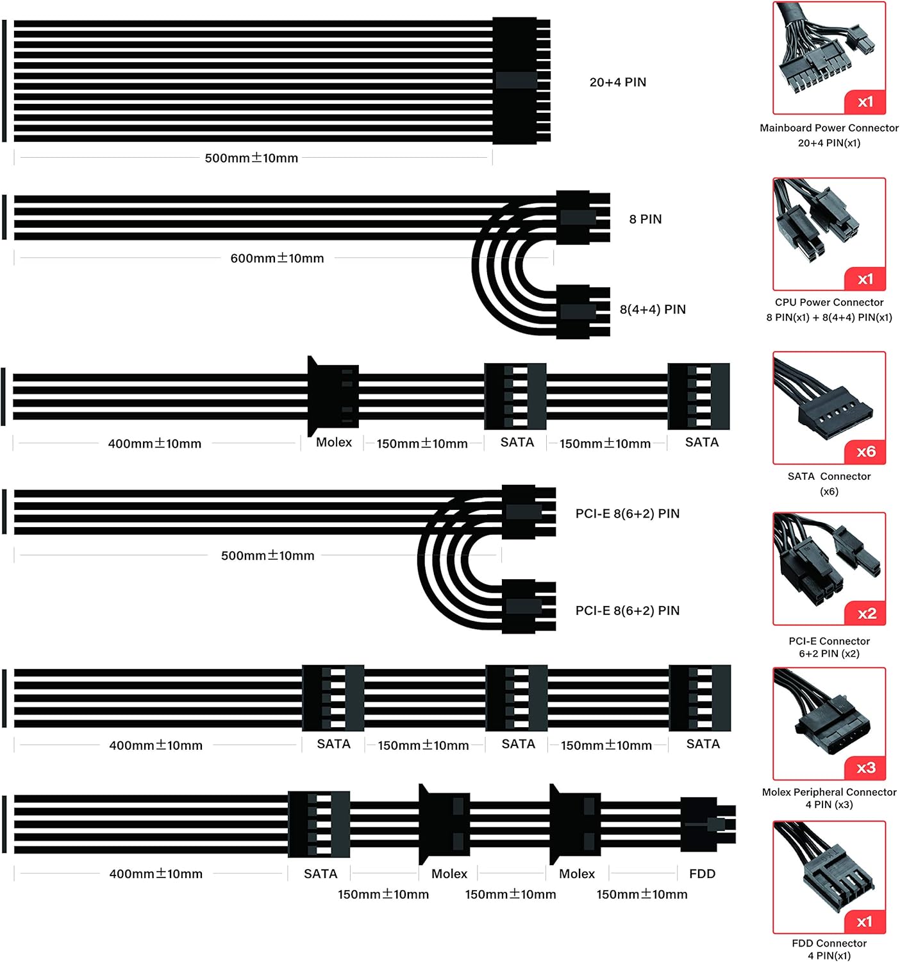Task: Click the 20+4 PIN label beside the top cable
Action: pos(617,82)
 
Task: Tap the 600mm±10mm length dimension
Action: pos(277,258)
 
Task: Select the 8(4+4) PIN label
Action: pos(652,309)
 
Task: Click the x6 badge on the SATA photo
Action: pos(865,451)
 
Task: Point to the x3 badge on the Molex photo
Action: pos(865,768)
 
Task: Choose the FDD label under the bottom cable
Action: pos(702,873)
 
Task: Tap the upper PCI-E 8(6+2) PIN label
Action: pos(627,514)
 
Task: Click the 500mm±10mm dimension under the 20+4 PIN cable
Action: pos(251,158)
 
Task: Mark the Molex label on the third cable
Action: pos(333,443)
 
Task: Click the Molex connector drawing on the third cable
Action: pos(332,396)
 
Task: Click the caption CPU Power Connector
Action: pos(829,302)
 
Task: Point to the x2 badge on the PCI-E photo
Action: pos(866,614)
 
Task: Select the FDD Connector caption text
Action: pos(829,943)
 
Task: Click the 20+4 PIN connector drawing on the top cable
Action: pos(516,81)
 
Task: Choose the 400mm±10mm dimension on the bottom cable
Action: pos(156,873)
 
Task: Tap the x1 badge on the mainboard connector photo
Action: pos(865,102)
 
